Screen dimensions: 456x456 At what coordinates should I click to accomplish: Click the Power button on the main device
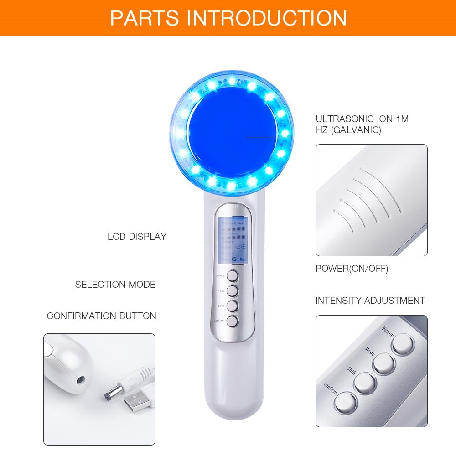click(x=233, y=275)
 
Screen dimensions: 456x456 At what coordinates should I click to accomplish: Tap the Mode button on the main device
click(x=233, y=290)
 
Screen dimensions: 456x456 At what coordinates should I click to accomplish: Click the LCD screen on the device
click(x=233, y=240)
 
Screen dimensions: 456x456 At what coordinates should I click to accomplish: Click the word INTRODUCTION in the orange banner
click(x=266, y=18)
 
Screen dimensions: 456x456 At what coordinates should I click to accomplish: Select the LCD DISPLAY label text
click(x=137, y=237)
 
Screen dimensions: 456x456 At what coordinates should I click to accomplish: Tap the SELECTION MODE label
click(x=115, y=285)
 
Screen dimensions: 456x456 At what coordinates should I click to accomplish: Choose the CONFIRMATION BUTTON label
click(x=102, y=316)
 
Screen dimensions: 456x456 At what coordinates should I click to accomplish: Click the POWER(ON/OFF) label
click(x=352, y=269)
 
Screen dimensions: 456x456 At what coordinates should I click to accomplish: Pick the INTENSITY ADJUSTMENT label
click(x=370, y=301)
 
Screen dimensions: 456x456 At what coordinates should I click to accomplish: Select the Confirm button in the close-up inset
click(x=345, y=402)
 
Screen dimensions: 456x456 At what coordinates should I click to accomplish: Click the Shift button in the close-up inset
click(x=365, y=383)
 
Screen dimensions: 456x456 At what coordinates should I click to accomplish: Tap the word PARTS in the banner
click(x=145, y=18)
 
